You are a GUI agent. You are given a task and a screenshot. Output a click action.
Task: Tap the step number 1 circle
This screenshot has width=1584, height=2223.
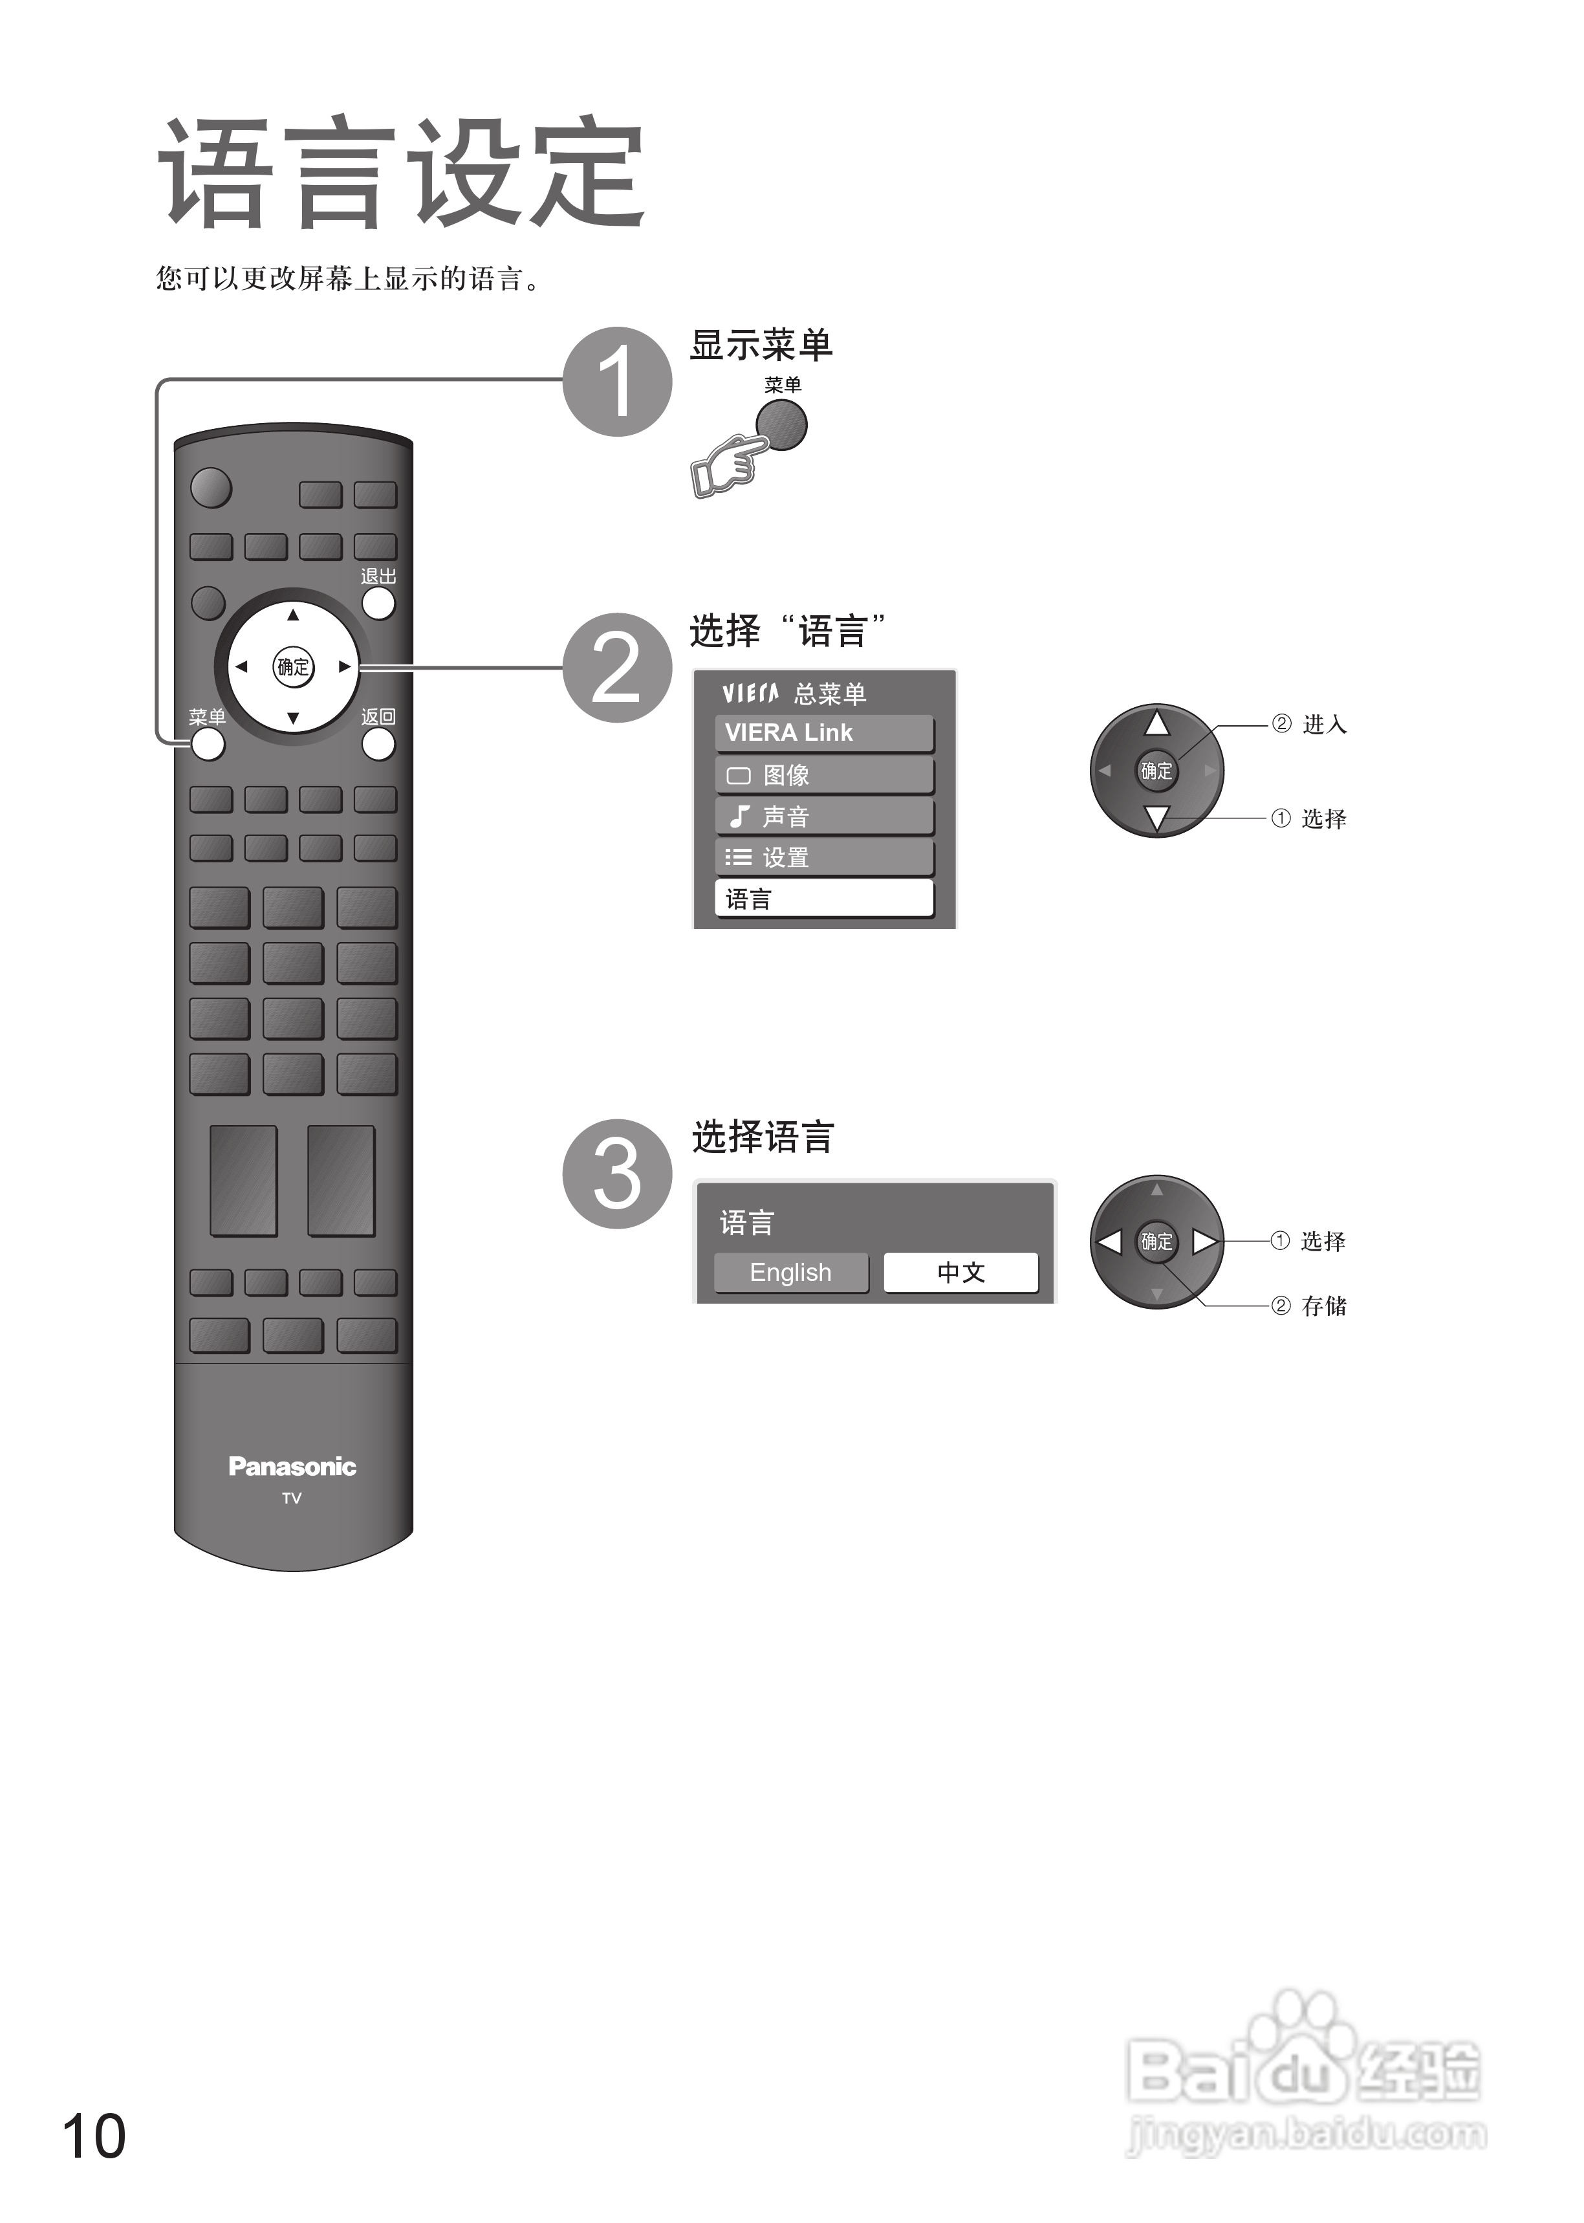[x=618, y=382]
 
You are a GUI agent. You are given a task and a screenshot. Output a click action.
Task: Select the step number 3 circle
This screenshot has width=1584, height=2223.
[x=618, y=1174]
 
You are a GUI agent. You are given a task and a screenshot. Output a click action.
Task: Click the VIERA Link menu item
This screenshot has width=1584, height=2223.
[x=824, y=732]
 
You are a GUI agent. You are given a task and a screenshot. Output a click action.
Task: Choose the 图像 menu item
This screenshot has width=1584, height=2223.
[x=824, y=776]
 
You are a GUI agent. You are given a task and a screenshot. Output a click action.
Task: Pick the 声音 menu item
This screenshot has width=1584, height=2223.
[x=824, y=816]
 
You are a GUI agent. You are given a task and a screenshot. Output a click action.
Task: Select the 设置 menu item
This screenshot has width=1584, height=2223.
[x=824, y=857]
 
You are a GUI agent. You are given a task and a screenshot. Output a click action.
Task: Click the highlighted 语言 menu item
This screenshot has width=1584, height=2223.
[x=824, y=899]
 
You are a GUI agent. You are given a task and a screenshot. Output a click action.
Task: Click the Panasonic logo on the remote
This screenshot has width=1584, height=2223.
[x=292, y=1466]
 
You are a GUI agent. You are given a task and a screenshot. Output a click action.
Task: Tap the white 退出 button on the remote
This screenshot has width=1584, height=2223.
[x=378, y=603]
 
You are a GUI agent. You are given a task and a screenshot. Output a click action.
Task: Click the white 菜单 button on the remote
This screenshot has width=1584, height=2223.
[x=208, y=744]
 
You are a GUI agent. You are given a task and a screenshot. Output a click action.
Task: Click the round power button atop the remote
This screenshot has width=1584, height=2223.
[x=211, y=488]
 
